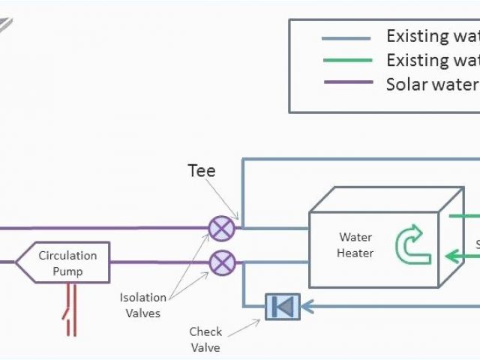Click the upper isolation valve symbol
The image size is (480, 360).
click(221, 228)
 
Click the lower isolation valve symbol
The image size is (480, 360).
click(221, 262)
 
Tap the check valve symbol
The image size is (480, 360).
click(283, 306)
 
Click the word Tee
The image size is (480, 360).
click(201, 171)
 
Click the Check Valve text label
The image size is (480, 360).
click(205, 339)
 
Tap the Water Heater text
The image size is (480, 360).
click(355, 245)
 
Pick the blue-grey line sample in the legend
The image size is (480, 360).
click(346, 38)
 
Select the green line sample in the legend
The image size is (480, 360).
click(346, 60)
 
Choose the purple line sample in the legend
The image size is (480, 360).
click(346, 82)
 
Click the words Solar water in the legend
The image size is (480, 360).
click(431, 82)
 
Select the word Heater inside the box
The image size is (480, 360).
click(355, 253)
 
